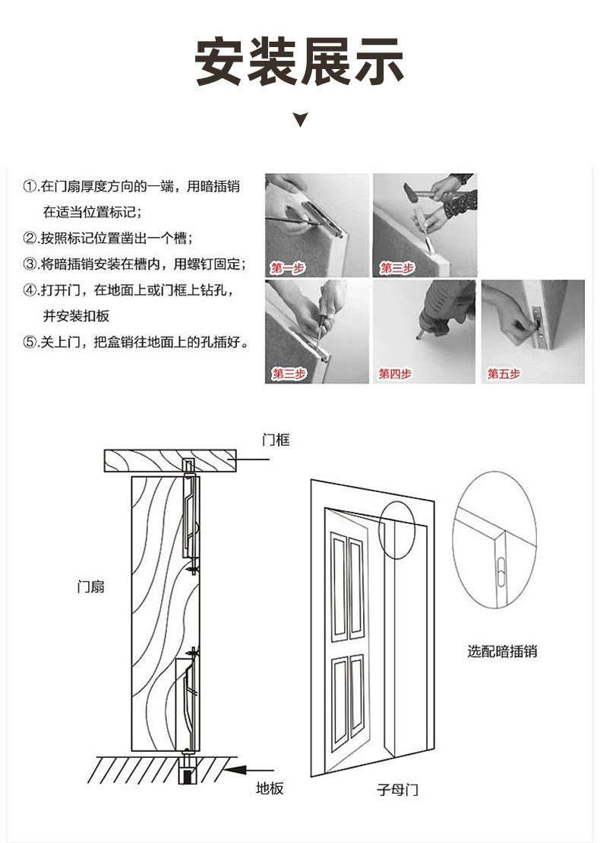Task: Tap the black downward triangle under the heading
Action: [x=301, y=119]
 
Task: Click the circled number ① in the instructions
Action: [x=30, y=186]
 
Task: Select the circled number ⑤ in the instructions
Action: [x=30, y=342]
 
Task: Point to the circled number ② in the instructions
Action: [x=30, y=238]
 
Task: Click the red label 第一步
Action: [x=289, y=268]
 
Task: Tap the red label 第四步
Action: [x=395, y=374]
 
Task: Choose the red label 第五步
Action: [x=504, y=374]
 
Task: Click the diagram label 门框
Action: [x=276, y=440]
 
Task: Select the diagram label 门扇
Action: [x=91, y=586]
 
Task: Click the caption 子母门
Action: [x=397, y=790]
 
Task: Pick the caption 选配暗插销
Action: [x=502, y=651]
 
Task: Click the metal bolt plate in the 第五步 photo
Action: [x=539, y=319]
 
